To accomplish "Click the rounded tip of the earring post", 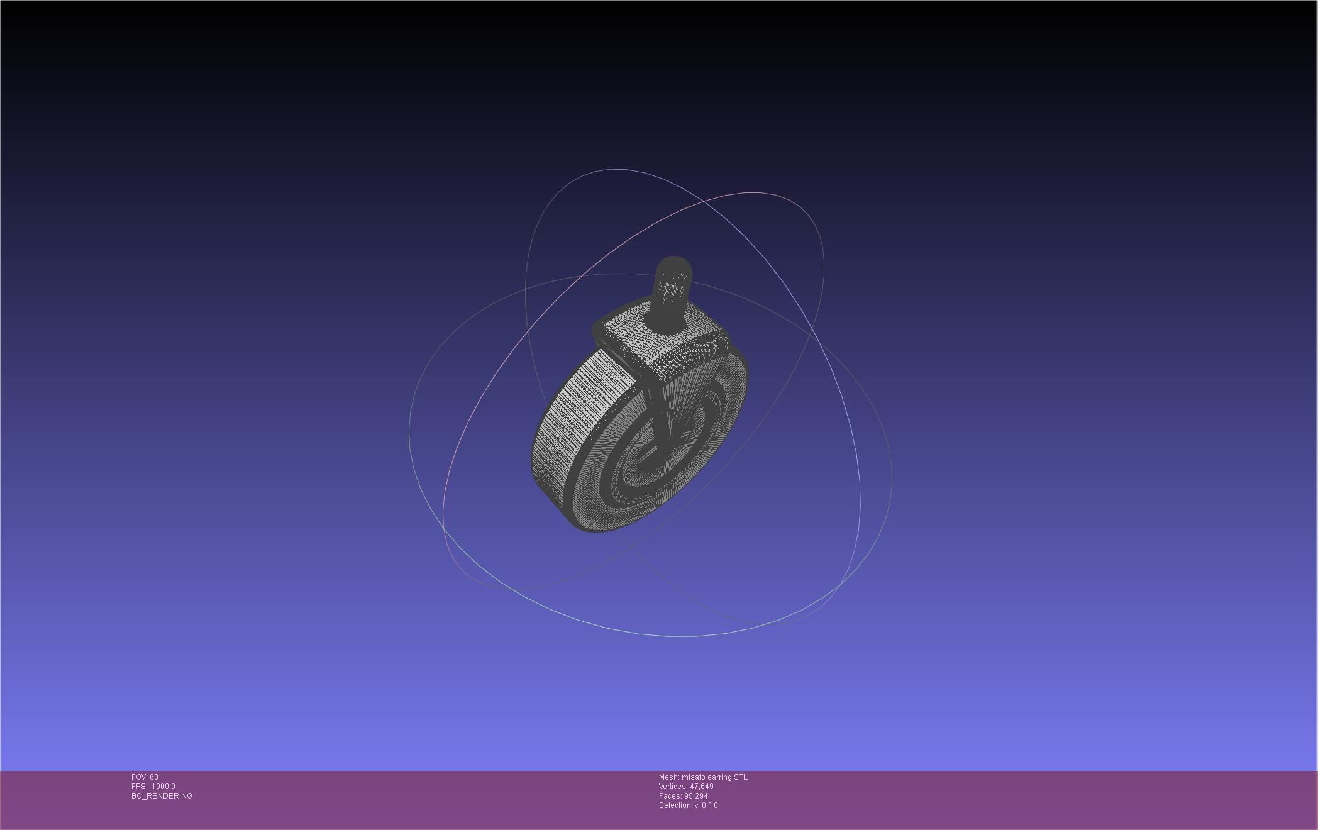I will point(673,264).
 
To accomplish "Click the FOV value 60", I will point(154,777).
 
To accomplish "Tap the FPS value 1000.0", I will point(163,787).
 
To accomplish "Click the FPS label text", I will point(139,787).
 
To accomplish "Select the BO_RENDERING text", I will point(162,796).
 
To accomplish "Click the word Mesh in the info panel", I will point(668,777).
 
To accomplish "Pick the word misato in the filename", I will point(694,777).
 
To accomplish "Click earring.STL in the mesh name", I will point(728,777).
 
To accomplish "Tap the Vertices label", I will point(673,787).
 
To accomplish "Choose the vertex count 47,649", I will point(702,787).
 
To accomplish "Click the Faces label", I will point(669,796).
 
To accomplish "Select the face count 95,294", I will point(695,796).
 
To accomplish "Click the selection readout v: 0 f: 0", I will point(706,805).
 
